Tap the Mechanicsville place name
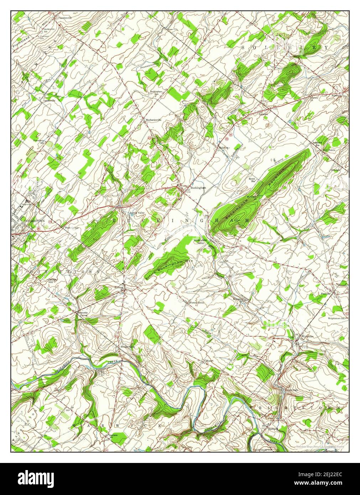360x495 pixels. [153, 120]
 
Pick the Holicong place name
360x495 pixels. [224, 147]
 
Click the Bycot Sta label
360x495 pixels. [252, 179]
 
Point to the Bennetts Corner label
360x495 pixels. [83, 313]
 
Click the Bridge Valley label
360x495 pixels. [127, 347]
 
